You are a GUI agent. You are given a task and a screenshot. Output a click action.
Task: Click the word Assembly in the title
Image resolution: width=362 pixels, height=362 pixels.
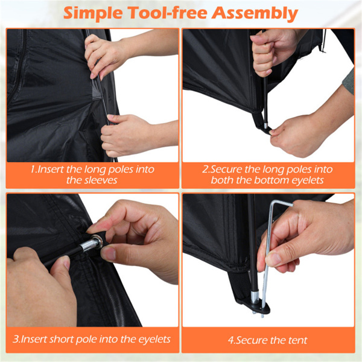tap(255, 13)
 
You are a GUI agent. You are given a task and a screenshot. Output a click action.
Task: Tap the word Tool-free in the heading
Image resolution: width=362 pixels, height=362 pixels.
tap(167, 13)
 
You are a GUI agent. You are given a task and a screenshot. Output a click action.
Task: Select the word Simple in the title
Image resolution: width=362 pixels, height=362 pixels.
tap(93, 13)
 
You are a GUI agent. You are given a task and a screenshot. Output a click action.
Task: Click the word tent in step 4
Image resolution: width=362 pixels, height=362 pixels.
tap(298, 340)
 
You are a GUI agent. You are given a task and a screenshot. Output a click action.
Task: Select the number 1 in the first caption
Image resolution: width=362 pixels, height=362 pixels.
tap(33, 170)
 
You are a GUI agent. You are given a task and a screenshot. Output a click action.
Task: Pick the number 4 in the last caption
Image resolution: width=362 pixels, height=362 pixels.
tap(231, 340)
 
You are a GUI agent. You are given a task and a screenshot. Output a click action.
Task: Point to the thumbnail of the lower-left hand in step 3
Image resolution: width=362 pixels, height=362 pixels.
tap(65, 262)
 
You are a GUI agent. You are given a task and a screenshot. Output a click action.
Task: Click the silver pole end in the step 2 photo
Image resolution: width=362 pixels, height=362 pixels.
tap(265, 125)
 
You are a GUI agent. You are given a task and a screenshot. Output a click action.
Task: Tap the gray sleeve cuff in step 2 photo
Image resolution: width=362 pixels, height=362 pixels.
tap(349, 81)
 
